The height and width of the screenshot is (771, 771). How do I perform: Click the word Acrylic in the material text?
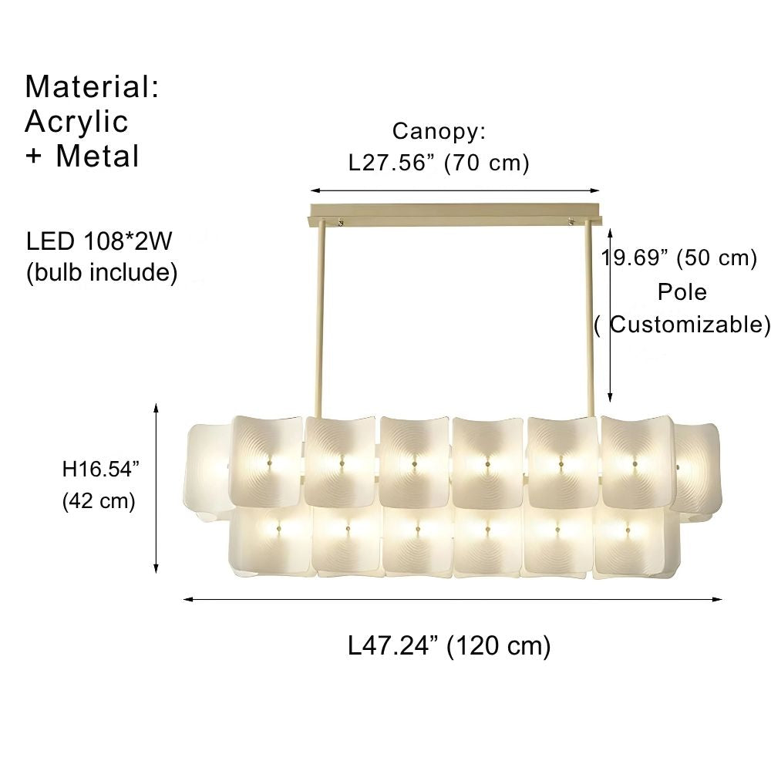(76, 122)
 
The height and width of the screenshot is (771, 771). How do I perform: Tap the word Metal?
(97, 157)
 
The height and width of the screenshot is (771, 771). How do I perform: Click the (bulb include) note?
(102, 272)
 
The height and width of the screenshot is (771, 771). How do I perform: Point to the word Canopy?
(437, 131)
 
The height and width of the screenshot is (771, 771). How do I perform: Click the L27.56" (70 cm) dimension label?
(439, 163)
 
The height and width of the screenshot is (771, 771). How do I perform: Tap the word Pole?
(682, 292)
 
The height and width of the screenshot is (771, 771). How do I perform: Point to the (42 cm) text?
(98, 501)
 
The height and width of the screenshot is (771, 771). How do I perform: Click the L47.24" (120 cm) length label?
(449, 645)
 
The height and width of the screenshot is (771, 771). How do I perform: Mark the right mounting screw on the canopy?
(571, 224)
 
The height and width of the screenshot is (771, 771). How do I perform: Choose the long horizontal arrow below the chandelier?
(453, 598)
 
